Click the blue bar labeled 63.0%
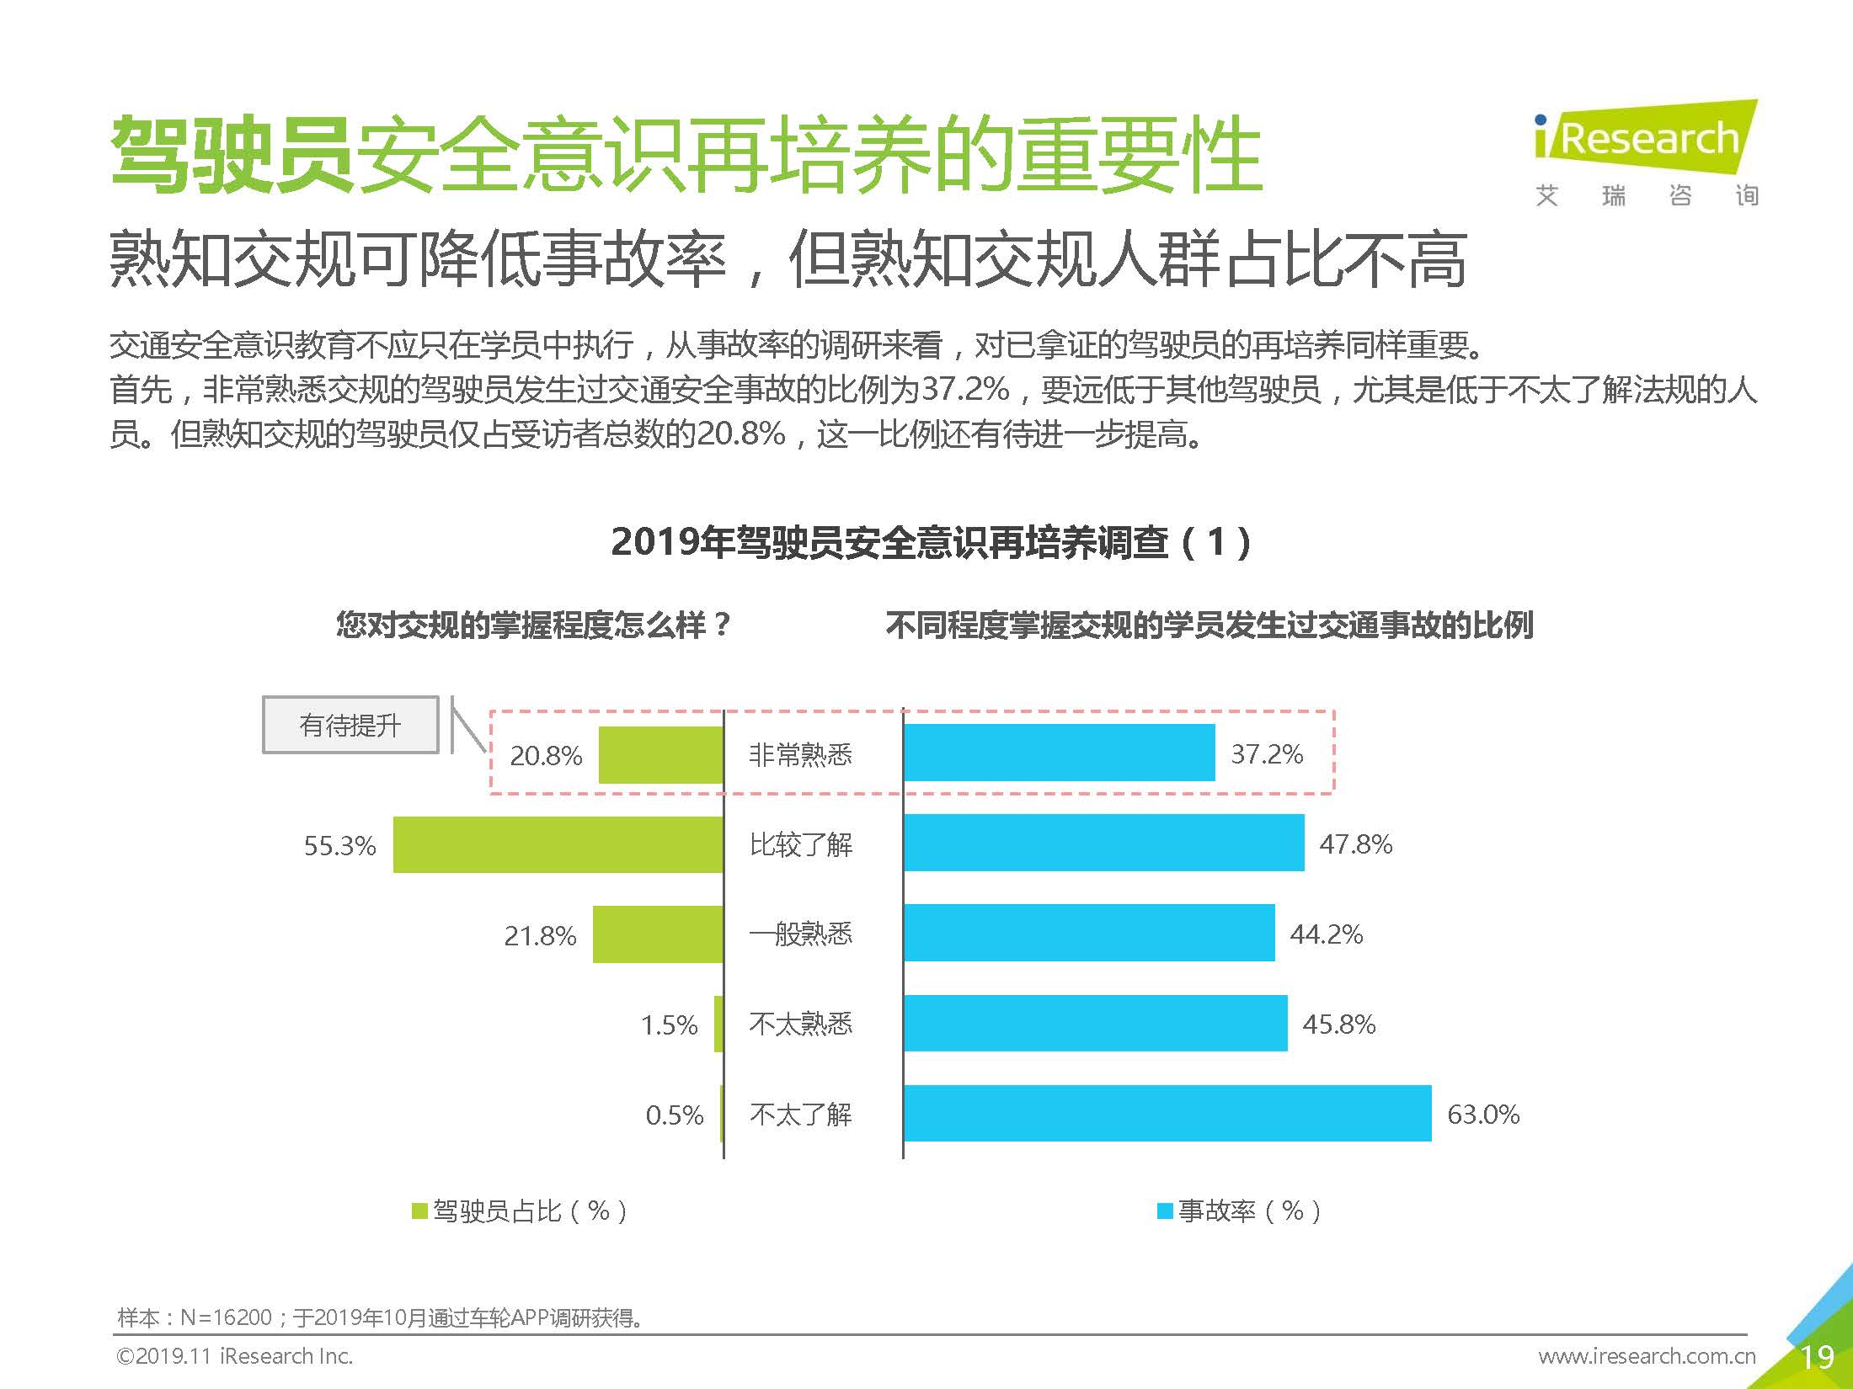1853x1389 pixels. [x=1167, y=1113]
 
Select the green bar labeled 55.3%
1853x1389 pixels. [x=558, y=844]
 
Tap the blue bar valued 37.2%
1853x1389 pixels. [x=1059, y=753]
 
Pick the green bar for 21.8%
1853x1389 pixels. [x=657, y=934]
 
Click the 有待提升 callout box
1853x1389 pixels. [x=350, y=725]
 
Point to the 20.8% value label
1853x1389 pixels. [x=546, y=755]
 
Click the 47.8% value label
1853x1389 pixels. [x=1355, y=844]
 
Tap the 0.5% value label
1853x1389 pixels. [x=674, y=1115]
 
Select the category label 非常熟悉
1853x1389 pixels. [x=800, y=754]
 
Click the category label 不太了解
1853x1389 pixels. [x=800, y=1115]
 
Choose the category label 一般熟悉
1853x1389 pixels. [x=800, y=934]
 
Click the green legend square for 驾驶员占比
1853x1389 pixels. [x=419, y=1211]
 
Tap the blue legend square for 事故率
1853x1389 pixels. [x=1165, y=1211]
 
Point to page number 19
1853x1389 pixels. [x=1816, y=1357]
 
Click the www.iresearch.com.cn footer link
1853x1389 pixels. [x=1647, y=1355]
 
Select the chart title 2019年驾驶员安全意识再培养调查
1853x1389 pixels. [x=931, y=541]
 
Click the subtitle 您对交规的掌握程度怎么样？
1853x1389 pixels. [x=533, y=625]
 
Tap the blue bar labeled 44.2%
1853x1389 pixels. [x=1088, y=933]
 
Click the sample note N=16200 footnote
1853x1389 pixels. [x=379, y=1317]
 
